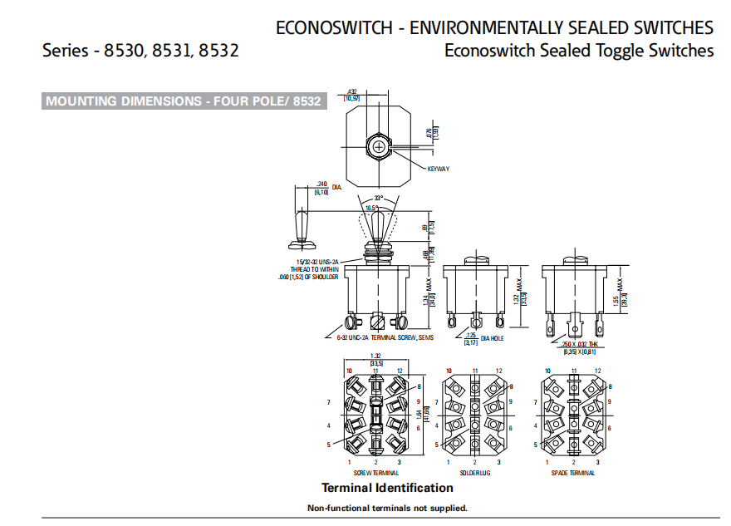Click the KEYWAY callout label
tap(438, 169)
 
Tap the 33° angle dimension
tap(379, 198)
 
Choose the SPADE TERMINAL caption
tap(573, 472)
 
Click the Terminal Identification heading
tap(387, 488)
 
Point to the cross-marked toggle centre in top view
tap(380, 147)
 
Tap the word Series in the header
tap(65, 51)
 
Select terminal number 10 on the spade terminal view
tap(547, 371)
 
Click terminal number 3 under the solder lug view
tap(498, 462)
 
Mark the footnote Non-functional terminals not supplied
tap(387, 508)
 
